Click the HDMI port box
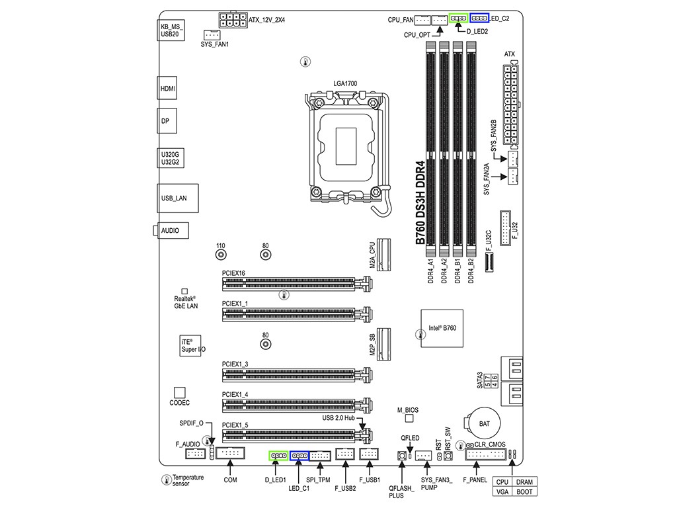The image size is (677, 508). [169, 87]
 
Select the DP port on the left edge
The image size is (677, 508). [169, 122]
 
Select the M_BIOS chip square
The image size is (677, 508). [410, 418]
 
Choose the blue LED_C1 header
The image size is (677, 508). [299, 456]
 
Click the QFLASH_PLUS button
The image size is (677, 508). [401, 456]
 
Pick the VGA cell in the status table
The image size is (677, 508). [502, 491]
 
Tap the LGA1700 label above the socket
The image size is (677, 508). [345, 84]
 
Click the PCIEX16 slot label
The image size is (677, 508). [234, 273]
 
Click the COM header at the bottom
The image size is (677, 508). [230, 454]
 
